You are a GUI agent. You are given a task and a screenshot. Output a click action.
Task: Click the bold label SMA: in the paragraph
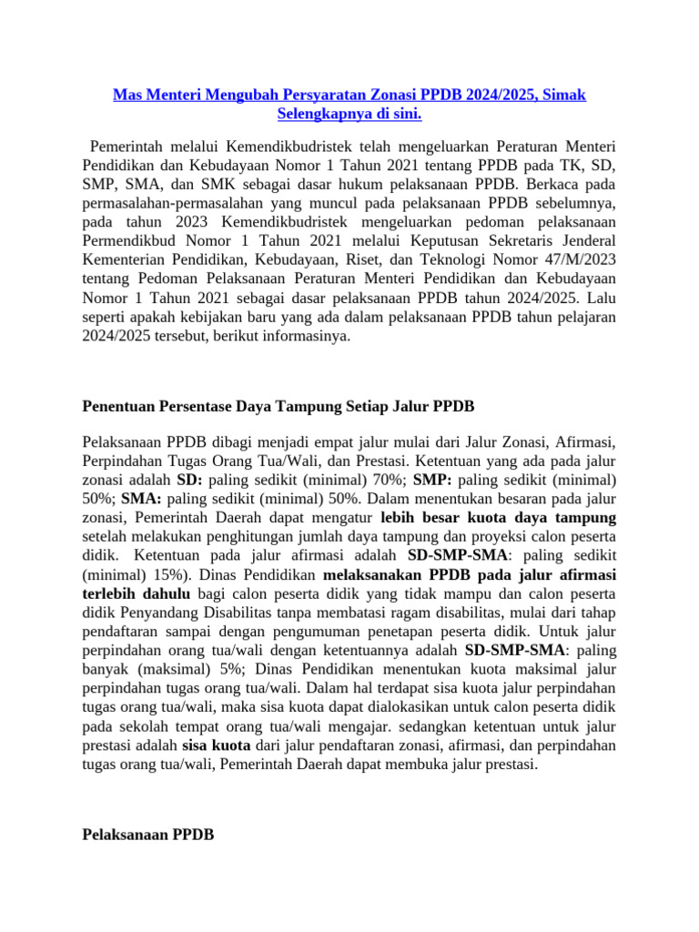(141, 499)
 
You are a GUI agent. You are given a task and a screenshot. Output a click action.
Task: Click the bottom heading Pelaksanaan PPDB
(148, 835)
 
